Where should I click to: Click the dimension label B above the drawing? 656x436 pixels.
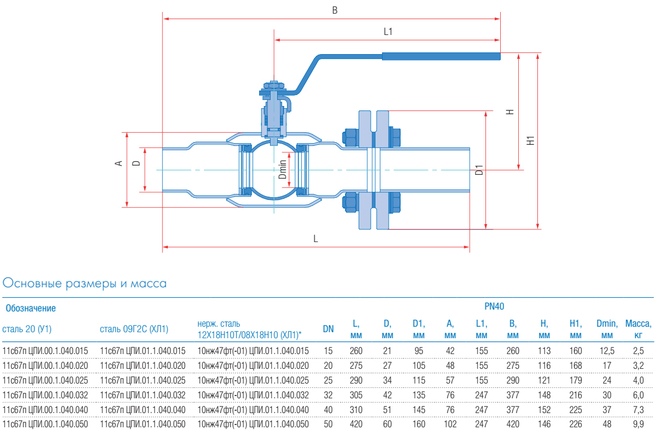pyautogui.click(x=335, y=10)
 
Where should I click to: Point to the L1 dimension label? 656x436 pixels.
pyautogui.click(x=388, y=32)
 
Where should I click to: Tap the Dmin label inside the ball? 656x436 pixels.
pyautogui.click(x=282, y=169)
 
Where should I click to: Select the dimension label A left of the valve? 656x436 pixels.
pyautogui.click(x=118, y=163)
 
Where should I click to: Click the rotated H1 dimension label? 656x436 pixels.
pyautogui.click(x=530, y=140)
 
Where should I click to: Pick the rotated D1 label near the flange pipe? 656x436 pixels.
pyautogui.click(x=479, y=170)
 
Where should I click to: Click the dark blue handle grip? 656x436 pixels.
pyautogui.click(x=441, y=56)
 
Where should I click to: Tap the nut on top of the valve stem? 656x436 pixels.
pyautogui.click(x=273, y=85)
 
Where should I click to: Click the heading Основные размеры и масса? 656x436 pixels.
pyautogui.click(x=85, y=284)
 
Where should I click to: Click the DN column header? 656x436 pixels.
pyautogui.click(x=328, y=328)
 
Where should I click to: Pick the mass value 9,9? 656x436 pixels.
pyautogui.click(x=638, y=424)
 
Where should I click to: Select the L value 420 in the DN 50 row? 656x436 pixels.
pyautogui.click(x=355, y=424)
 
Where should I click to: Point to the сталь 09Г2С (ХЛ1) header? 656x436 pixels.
pyautogui.click(x=134, y=328)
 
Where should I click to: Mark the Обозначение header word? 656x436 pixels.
pyautogui.click(x=31, y=308)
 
